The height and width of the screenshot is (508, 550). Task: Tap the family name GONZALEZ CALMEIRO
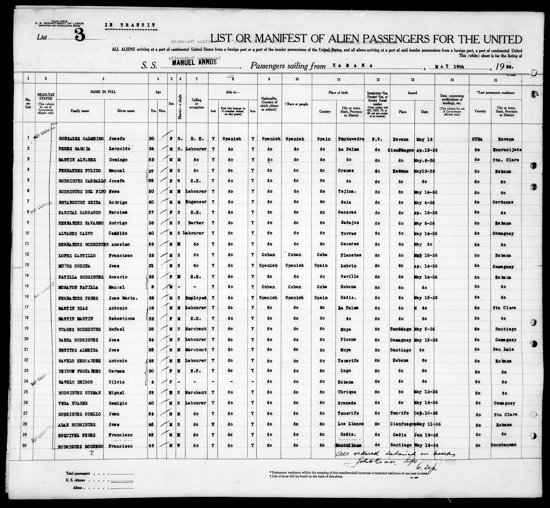pyautogui.click(x=81, y=139)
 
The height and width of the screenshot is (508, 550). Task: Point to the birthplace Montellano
pyautogui.click(x=348, y=445)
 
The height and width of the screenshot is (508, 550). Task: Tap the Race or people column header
pyautogui.click(x=297, y=104)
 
